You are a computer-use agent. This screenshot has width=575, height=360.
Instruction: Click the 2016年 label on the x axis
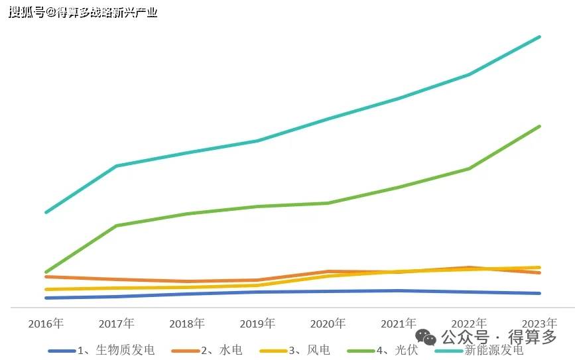tap(46, 324)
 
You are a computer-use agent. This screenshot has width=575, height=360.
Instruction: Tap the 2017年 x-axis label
tap(116, 324)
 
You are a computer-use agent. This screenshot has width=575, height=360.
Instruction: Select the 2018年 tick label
tap(187, 324)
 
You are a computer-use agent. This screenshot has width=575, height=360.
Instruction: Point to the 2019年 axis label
tap(257, 324)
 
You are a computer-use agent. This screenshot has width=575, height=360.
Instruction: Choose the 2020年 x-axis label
tap(328, 324)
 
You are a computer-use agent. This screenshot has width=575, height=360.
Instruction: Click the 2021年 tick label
tap(399, 324)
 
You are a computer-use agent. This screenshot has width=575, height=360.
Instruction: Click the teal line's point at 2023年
tap(540, 37)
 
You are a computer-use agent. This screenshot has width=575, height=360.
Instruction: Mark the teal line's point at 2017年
tap(116, 166)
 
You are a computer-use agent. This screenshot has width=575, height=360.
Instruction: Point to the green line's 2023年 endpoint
tap(540, 126)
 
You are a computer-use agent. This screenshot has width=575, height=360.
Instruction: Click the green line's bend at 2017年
tap(116, 225)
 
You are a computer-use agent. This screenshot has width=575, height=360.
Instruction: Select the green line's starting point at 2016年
tap(46, 272)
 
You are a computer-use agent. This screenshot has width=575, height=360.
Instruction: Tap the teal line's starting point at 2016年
tap(46, 212)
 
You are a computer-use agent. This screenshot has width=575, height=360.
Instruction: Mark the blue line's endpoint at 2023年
tap(540, 293)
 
